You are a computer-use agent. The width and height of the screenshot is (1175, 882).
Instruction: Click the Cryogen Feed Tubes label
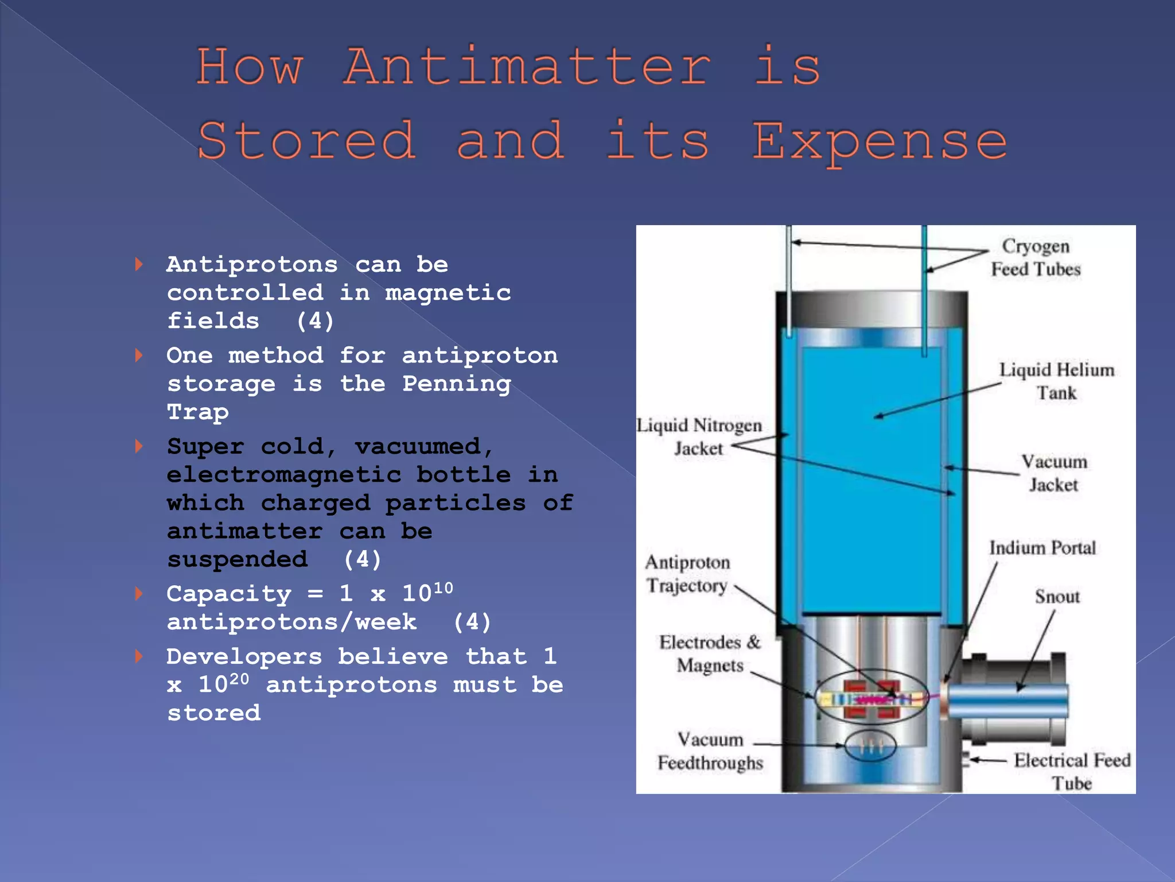point(1036,258)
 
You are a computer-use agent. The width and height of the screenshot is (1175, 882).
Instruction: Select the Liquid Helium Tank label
point(1056,381)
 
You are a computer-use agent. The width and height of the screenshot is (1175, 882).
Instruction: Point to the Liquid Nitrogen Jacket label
point(699,436)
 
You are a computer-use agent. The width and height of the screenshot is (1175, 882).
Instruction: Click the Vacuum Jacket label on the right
point(1053,473)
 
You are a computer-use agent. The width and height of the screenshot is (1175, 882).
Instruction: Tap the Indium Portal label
point(1042,548)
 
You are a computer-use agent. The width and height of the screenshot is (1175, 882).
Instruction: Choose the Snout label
point(1057,597)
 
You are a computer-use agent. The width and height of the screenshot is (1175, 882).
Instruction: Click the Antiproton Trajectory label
point(687,574)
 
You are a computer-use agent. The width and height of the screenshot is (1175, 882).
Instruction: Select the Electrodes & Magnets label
point(710,653)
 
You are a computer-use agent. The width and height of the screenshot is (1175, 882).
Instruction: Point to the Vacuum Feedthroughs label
point(710,751)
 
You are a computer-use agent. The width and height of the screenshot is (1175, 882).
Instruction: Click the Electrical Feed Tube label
point(1071,771)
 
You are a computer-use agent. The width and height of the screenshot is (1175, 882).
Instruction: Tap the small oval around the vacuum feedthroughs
point(870,746)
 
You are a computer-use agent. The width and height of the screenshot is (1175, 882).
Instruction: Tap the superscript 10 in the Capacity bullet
point(442,588)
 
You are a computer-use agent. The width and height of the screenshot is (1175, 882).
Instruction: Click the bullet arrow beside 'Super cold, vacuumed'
point(139,446)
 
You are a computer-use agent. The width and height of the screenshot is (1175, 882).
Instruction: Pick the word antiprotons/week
point(291,622)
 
